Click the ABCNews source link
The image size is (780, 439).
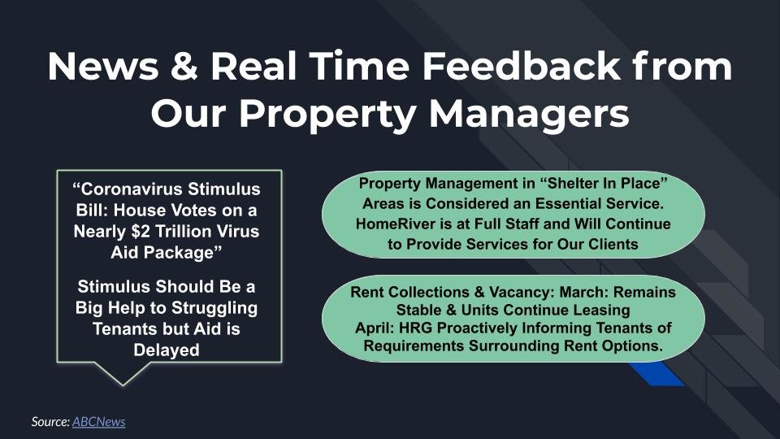click(x=98, y=422)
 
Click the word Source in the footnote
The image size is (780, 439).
click(x=50, y=422)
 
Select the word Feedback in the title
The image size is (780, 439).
click(x=521, y=66)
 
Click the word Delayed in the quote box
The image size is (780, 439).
click(x=166, y=350)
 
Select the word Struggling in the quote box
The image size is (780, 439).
click(x=208, y=308)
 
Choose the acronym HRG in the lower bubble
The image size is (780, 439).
click(x=416, y=328)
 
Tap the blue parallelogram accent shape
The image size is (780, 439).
click(x=656, y=373)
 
